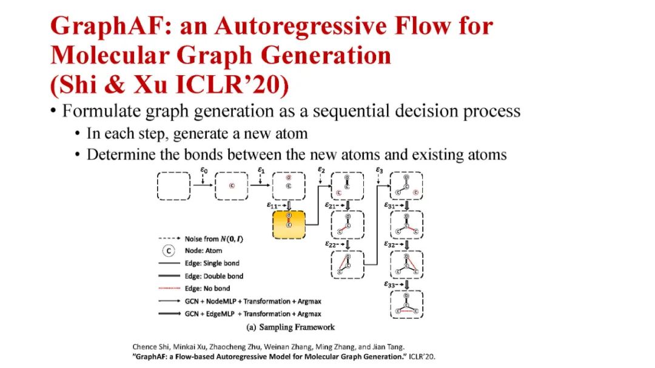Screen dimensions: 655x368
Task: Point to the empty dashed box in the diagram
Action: [174, 186]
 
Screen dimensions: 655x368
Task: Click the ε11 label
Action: [274, 206]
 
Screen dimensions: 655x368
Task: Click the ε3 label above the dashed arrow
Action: [379, 170]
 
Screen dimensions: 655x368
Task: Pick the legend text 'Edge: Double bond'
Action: [212, 276]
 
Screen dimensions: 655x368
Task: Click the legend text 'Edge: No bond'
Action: [207, 289]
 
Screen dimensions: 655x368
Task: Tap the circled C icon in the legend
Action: [169, 250]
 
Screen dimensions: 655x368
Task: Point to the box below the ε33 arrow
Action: [406, 304]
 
